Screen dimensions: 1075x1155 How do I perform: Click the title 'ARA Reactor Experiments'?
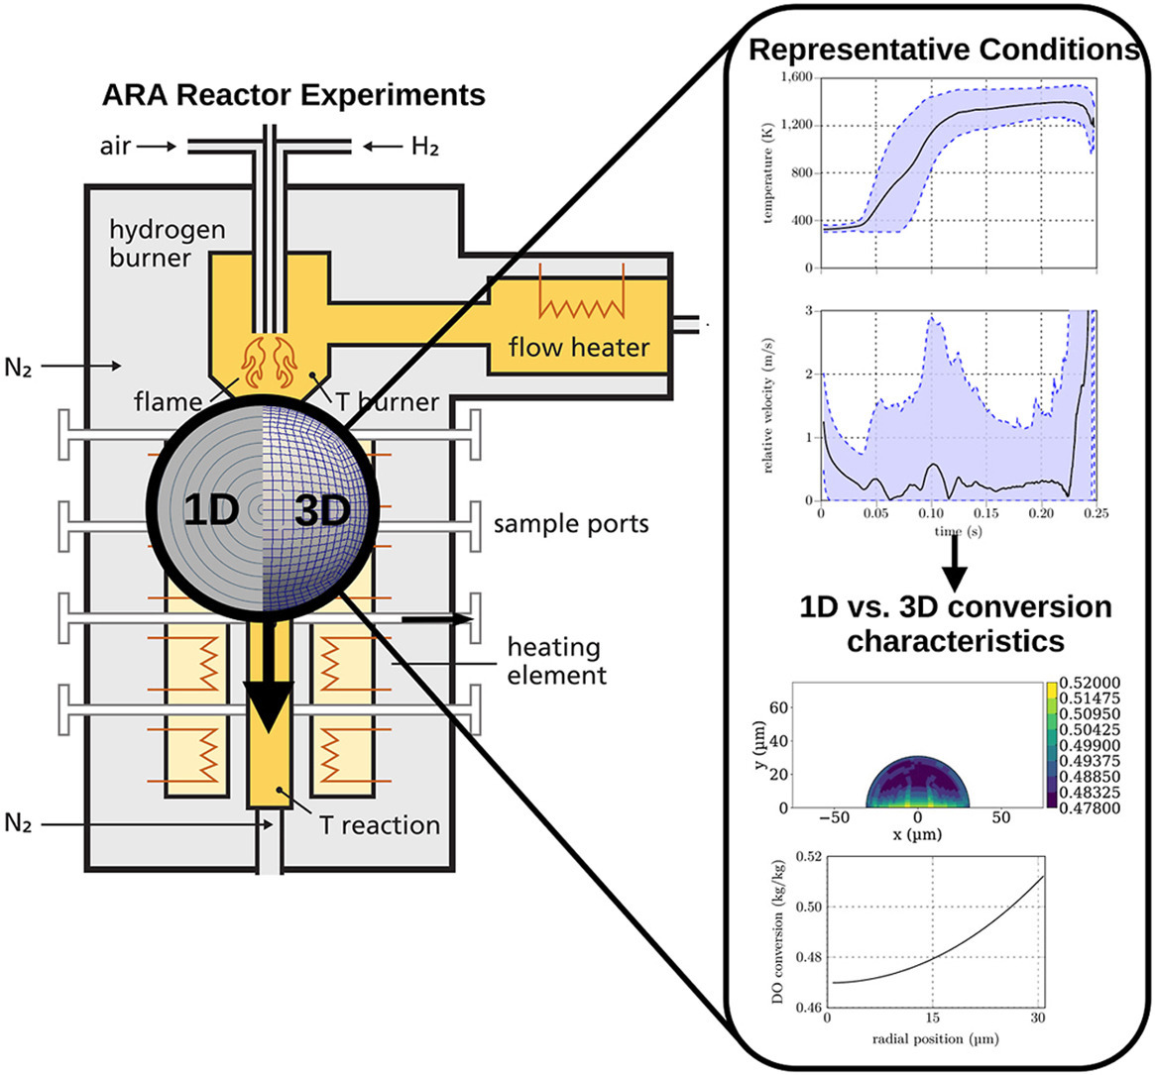tap(293, 95)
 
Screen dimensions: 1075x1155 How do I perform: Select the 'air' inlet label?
tap(116, 146)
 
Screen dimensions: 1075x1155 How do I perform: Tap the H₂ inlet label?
tap(425, 147)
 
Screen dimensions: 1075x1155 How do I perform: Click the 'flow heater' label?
tap(579, 347)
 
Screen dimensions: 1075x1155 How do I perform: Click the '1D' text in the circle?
tap(210, 510)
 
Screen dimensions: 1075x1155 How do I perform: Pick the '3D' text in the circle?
tap(322, 510)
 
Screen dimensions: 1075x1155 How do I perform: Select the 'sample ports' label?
tap(571, 523)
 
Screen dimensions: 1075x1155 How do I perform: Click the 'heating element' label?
tap(555, 661)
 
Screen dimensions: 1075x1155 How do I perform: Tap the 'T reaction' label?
tap(380, 824)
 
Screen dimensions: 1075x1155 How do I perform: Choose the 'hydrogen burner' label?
tap(167, 244)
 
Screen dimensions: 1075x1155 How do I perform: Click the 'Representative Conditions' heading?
tap(944, 50)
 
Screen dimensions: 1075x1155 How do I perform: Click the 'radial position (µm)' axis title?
tap(932, 1039)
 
